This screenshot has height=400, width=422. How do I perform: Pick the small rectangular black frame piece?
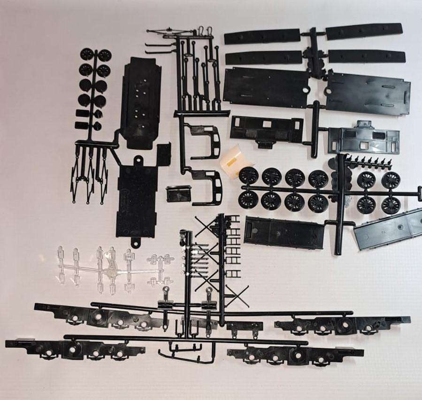coord(178,193)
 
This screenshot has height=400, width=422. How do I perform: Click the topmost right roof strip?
coord(364,31)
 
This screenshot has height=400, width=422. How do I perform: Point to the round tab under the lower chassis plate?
coord(136,242)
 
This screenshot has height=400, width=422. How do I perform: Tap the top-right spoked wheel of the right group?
coord(390,180)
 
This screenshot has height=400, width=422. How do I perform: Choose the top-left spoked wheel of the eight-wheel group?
coord(248,177)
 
